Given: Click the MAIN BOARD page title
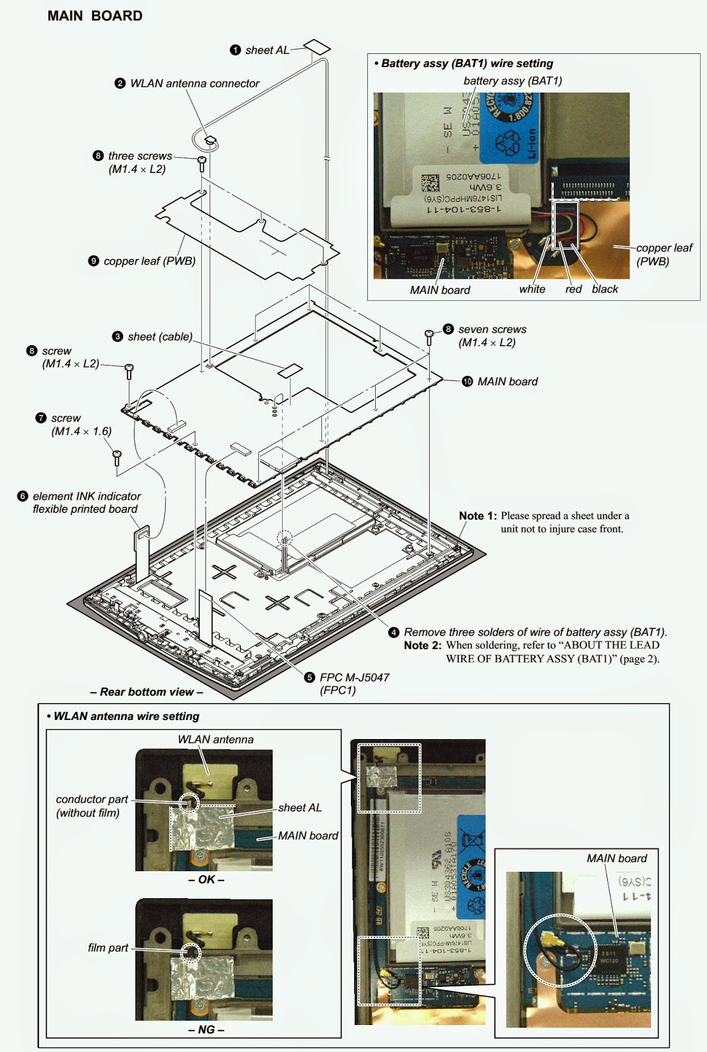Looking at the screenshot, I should point(95,16).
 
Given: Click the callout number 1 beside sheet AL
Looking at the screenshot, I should point(235,50).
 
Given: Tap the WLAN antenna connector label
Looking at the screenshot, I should point(194,84).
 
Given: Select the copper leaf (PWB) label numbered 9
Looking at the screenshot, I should point(149,261).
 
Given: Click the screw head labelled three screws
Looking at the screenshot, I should point(202,160).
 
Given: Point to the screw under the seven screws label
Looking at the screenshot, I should point(429,335).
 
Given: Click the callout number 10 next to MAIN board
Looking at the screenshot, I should point(467,381).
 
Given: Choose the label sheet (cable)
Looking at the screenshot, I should point(160,337).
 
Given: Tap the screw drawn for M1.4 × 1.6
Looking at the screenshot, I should point(117,455).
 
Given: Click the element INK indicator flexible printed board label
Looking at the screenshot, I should point(85,502).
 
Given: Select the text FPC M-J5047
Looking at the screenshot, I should point(354,677).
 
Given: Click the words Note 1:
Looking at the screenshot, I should point(478,515).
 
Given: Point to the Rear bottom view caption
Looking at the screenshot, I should point(146,692).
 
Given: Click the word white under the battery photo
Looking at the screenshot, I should point(532,289).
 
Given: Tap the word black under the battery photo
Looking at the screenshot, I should point(604,289).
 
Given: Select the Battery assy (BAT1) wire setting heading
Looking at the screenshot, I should point(467,64).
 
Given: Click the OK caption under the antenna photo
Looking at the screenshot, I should point(206,879).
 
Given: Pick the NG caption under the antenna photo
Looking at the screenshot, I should point(206,1029).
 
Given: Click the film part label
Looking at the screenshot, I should point(108,947).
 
